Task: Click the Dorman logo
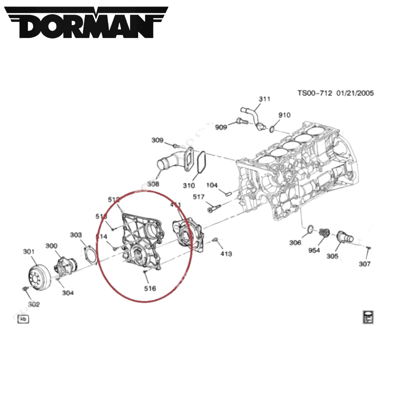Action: point(87,23)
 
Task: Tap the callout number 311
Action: point(264,99)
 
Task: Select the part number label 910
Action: point(284,115)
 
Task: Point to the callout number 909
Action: point(221,127)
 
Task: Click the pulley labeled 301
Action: point(38,278)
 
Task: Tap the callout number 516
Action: point(150,289)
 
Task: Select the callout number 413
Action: point(226,254)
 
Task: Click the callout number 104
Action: point(212,185)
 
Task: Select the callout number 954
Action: point(314,251)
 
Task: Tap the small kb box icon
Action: point(23,319)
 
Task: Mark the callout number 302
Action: point(34,304)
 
